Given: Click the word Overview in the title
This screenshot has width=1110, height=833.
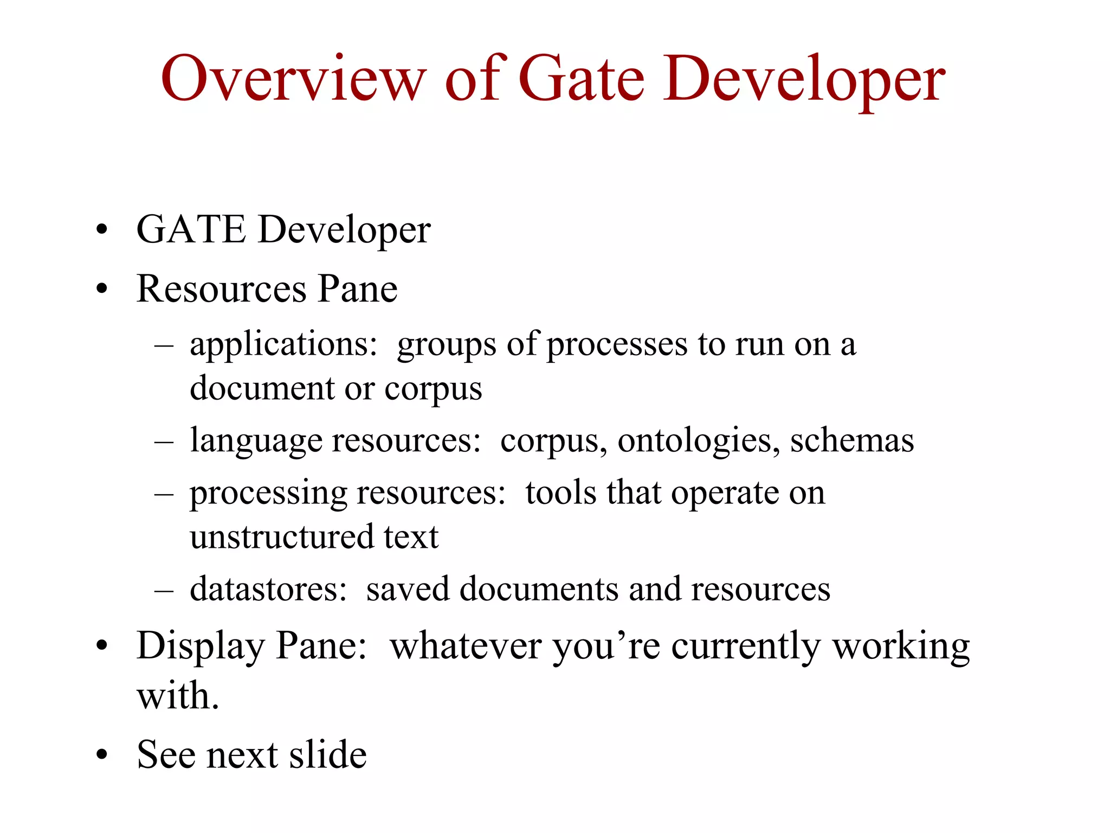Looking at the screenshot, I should tap(293, 80).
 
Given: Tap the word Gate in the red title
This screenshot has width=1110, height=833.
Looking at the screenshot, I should tap(582, 80).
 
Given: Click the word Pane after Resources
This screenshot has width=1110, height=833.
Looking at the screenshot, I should tap(357, 289).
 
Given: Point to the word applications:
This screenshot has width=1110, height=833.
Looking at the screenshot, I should tap(283, 345).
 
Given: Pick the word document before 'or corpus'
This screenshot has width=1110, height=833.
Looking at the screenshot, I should tap(262, 389).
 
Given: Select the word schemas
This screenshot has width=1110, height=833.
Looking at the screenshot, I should tap(852, 440).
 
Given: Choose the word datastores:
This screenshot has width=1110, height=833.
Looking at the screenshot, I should tap(268, 589).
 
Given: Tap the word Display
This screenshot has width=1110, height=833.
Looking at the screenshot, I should tap(200, 646).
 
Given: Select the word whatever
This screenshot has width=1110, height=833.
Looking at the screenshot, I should tap(466, 646).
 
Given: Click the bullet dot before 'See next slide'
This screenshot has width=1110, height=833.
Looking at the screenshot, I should tap(102, 755).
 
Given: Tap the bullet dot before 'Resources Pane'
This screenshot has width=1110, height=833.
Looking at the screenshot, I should tap(102, 290).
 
